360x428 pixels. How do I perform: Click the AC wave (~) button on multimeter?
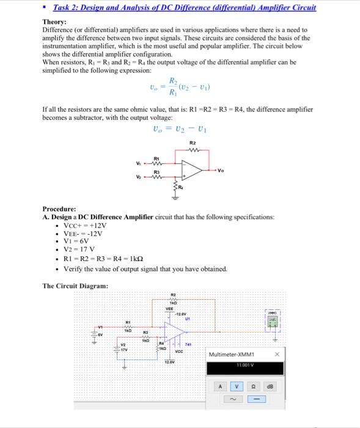[237, 399]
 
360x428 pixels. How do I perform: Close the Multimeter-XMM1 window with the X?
[276, 354]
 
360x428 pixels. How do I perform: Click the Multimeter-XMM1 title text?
[232, 355]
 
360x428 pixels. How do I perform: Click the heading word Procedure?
[59, 208]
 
